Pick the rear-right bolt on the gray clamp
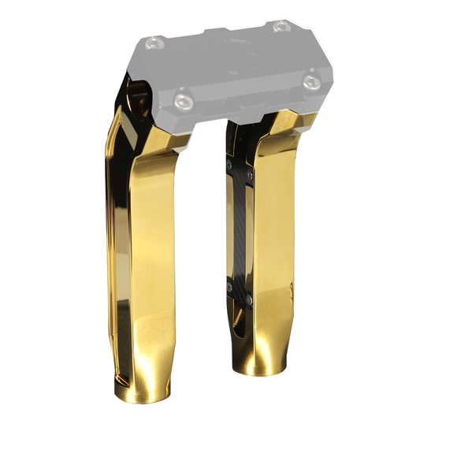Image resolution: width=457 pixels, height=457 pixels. coord(281,27)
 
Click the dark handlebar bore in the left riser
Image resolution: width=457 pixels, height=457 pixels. coord(140,101)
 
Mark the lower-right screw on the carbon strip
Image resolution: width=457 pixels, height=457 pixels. coord(249,297)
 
